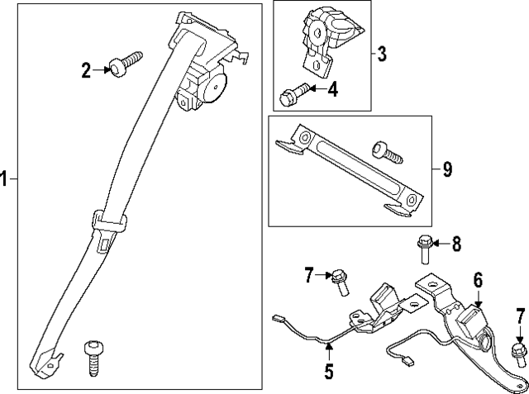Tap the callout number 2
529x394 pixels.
pyautogui.click(x=85, y=70)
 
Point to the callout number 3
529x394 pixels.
pyautogui.click(x=382, y=55)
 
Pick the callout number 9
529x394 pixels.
pyautogui.click(x=446, y=170)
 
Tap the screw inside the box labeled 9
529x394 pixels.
pyautogui.click(x=387, y=151)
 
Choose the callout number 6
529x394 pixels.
pyautogui.click(x=477, y=279)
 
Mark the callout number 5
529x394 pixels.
pyautogui.click(x=328, y=372)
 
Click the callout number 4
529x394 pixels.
pyautogui.click(x=332, y=88)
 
